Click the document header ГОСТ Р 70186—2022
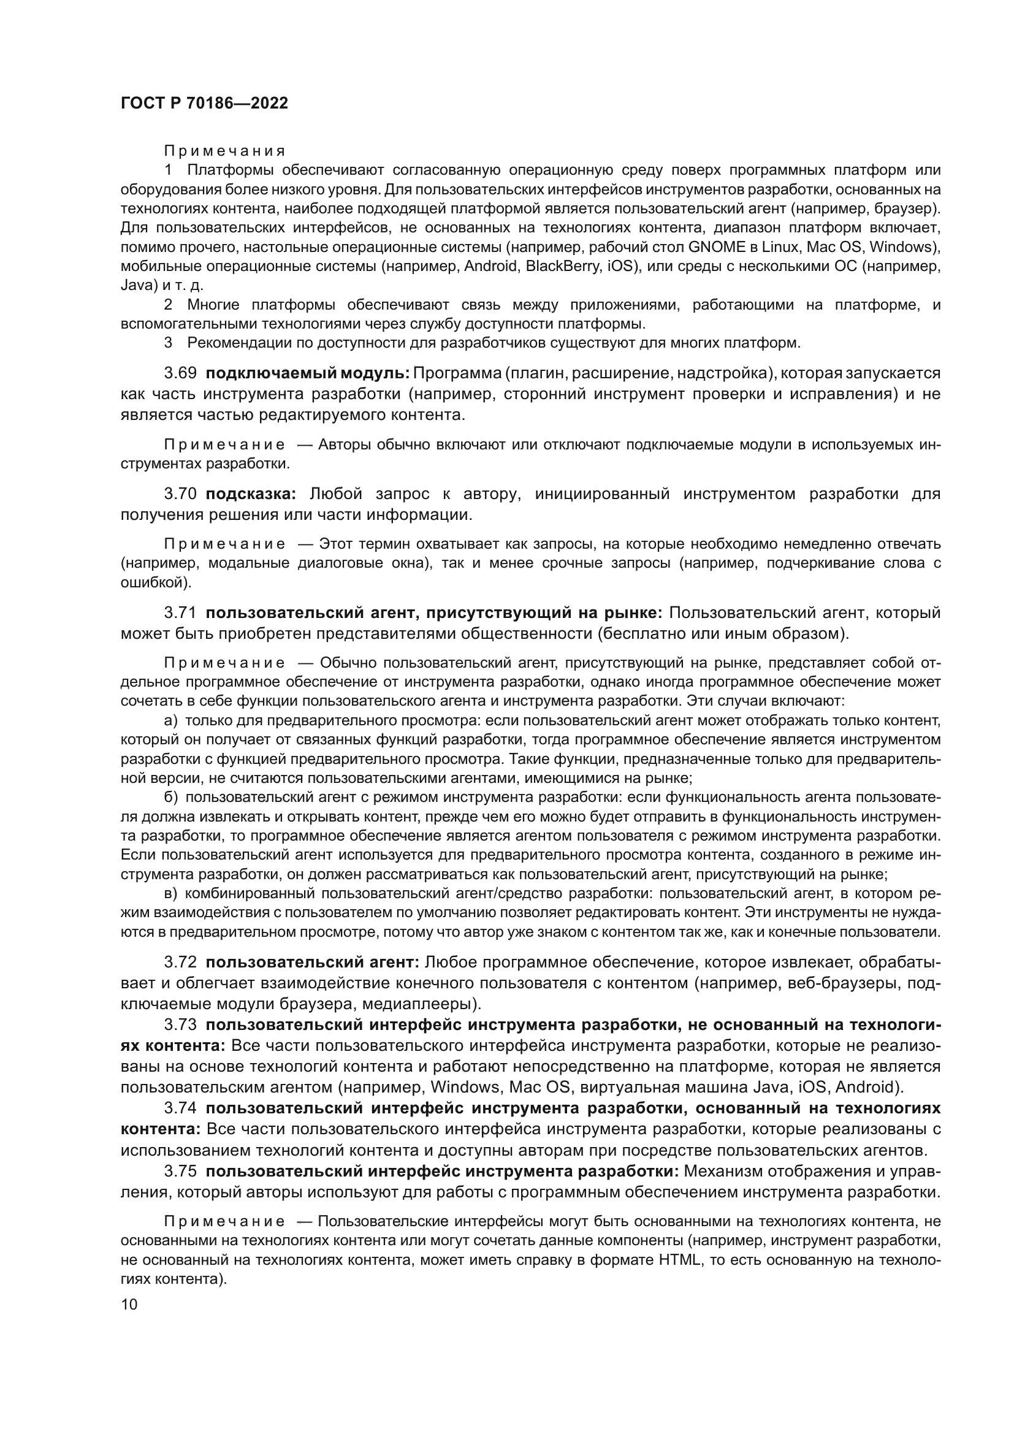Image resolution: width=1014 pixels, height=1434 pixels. [x=204, y=104]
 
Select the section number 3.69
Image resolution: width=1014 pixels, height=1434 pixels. [x=180, y=373]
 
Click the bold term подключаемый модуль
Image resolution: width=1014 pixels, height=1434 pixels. [x=307, y=373]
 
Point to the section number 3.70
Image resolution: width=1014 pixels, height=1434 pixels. [x=180, y=494]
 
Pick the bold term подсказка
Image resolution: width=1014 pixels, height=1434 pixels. [x=251, y=494]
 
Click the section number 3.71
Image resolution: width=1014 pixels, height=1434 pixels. [x=180, y=612]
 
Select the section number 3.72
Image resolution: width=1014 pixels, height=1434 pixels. [x=180, y=962]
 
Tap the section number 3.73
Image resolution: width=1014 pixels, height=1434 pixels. [x=180, y=1024]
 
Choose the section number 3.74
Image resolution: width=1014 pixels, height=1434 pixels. [x=180, y=1108]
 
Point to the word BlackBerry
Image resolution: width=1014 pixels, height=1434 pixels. [x=564, y=267]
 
